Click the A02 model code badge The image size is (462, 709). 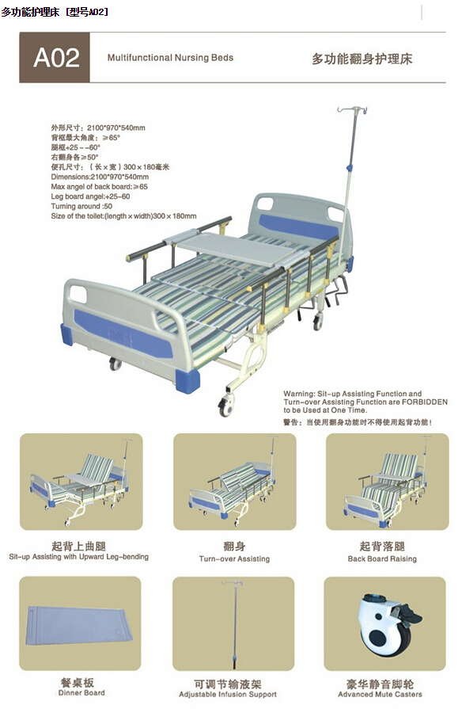pos(55,58)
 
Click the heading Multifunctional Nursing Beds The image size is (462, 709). pos(170,58)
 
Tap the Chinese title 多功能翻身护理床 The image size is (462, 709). pos(362,59)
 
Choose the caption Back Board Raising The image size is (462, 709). pos(382,558)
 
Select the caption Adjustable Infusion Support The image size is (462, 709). pos(235,695)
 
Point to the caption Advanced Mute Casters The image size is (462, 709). pos(380,695)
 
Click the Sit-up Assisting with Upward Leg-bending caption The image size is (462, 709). pos(78,557)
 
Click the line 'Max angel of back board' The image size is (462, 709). pos(99,186)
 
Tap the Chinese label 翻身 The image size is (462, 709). pos(234,546)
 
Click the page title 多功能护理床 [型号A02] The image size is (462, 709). pos(55,11)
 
